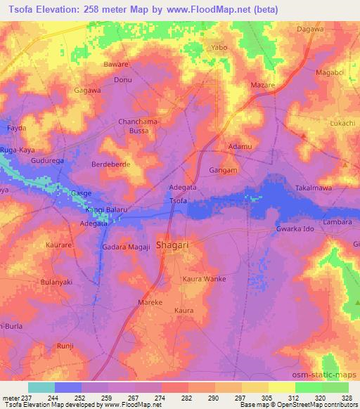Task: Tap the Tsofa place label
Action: pyautogui.click(x=179, y=201)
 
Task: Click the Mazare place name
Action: pyautogui.click(x=263, y=85)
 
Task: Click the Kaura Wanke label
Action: pyautogui.click(x=204, y=279)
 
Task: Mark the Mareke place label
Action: pyautogui.click(x=150, y=302)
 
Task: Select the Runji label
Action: pyautogui.click(x=65, y=346)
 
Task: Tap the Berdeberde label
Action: pyautogui.click(x=111, y=164)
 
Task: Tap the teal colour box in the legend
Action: pyautogui.click(x=41, y=387)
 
